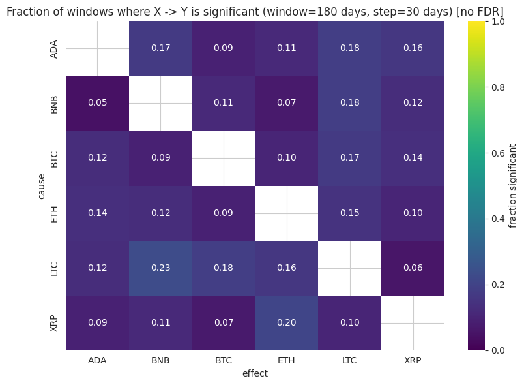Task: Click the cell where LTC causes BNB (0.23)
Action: click(x=160, y=268)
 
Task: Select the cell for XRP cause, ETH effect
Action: click(x=287, y=322)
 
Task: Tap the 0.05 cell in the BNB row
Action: click(x=97, y=102)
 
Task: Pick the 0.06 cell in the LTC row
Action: click(x=413, y=268)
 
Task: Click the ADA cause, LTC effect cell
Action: click(x=350, y=48)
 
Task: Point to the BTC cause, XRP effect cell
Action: click(x=413, y=157)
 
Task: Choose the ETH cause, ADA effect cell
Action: click(x=97, y=213)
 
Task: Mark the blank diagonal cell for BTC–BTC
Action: click(x=224, y=157)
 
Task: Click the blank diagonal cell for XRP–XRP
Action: click(x=413, y=322)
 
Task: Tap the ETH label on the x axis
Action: click(x=287, y=360)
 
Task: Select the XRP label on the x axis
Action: click(x=413, y=360)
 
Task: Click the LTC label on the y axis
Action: click(x=55, y=268)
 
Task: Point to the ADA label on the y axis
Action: click(x=55, y=48)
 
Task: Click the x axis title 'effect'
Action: click(x=255, y=373)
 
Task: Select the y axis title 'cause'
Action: click(x=42, y=185)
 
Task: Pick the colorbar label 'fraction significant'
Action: click(x=513, y=185)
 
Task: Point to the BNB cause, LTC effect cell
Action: click(x=350, y=102)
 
